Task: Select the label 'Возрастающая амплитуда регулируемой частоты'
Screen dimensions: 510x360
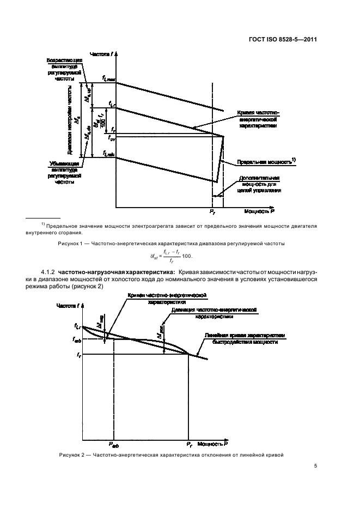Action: pos(64,68)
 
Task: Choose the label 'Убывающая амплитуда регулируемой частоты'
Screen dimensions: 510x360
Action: pos(64,173)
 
